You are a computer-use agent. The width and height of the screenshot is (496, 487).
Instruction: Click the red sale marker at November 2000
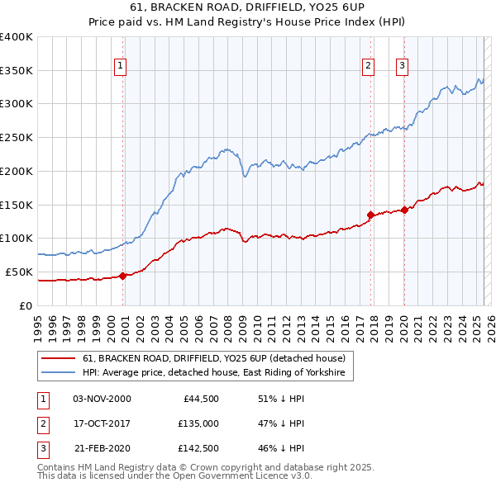pyautogui.click(x=122, y=276)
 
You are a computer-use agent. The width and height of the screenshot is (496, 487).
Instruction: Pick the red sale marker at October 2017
pyautogui.click(x=370, y=215)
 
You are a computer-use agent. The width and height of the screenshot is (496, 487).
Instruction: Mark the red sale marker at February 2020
pyautogui.click(x=404, y=210)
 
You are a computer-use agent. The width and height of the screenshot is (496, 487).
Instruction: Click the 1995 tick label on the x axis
pyautogui.click(x=37, y=324)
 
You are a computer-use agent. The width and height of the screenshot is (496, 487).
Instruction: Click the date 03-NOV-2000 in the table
pyautogui.click(x=103, y=399)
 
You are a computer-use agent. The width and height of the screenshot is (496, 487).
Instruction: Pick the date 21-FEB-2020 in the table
pyautogui.click(x=103, y=450)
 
